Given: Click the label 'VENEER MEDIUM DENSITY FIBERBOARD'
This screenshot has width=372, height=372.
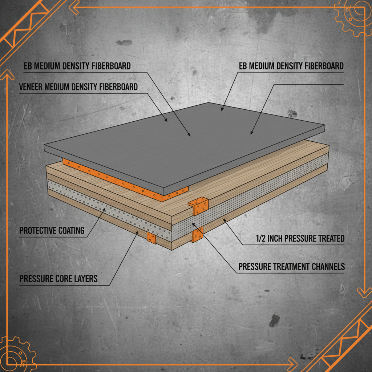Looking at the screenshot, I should pyautogui.click(x=78, y=87).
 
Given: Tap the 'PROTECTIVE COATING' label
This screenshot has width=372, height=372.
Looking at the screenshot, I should pyautogui.click(x=52, y=231).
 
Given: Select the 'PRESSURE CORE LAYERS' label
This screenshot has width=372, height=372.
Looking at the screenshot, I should pyautogui.click(x=58, y=279).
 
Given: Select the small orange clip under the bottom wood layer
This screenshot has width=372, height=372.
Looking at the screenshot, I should pyautogui.click(x=151, y=238).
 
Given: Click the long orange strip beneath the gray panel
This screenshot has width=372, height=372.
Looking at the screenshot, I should pyautogui.click(x=124, y=178).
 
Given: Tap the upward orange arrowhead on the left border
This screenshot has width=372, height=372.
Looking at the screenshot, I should pyautogui.click(x=5, y=75).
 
